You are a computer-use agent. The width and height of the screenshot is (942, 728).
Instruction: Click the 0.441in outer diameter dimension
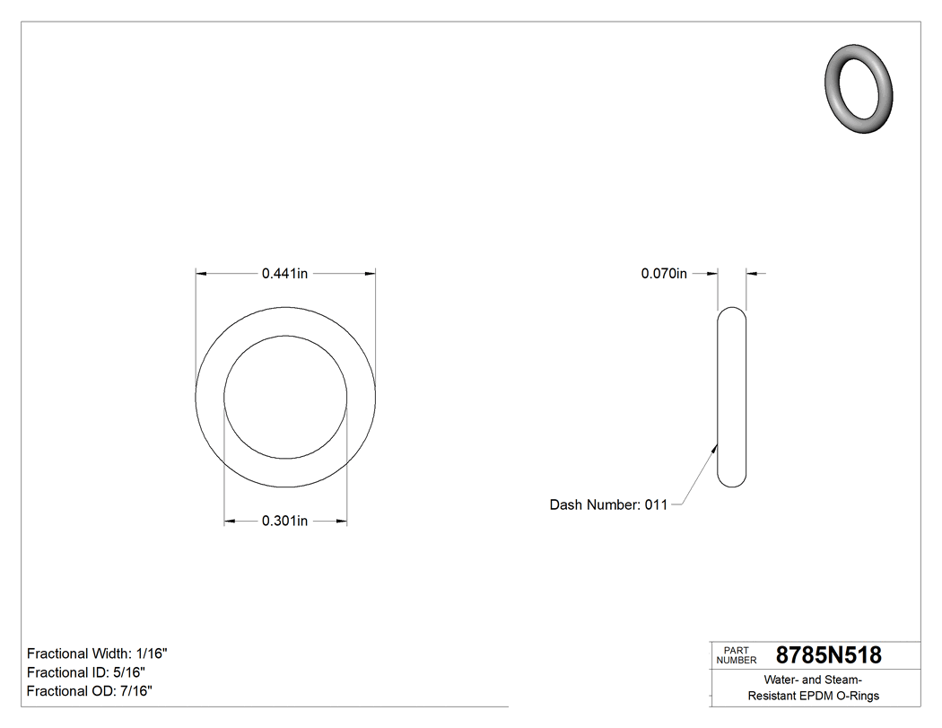284,274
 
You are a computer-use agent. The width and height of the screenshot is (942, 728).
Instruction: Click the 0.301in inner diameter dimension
284,521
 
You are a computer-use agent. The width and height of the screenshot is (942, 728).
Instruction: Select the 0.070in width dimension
663,274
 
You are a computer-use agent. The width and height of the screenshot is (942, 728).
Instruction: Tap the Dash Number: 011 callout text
608,505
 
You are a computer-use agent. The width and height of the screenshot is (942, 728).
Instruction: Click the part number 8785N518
828,655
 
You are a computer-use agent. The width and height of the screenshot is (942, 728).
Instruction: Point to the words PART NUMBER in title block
736,655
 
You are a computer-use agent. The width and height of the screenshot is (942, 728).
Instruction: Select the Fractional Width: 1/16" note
97,653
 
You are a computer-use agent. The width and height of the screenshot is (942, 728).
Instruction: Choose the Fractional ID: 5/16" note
86,672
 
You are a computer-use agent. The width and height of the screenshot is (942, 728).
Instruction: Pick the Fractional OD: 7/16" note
89,691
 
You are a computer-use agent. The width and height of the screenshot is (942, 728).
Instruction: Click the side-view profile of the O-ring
732,398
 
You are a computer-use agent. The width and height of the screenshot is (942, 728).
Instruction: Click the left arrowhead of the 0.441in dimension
202,274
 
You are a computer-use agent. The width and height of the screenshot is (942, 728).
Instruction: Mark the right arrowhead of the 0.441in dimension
370,274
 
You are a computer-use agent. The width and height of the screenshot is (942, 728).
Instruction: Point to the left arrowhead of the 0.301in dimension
230,521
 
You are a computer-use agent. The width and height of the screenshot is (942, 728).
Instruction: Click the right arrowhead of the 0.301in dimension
341,521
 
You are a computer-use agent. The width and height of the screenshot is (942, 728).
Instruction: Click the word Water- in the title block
783,680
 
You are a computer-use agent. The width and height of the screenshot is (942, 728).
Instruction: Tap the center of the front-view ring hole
285,398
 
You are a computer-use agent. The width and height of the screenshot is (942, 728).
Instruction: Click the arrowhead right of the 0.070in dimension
751,274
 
